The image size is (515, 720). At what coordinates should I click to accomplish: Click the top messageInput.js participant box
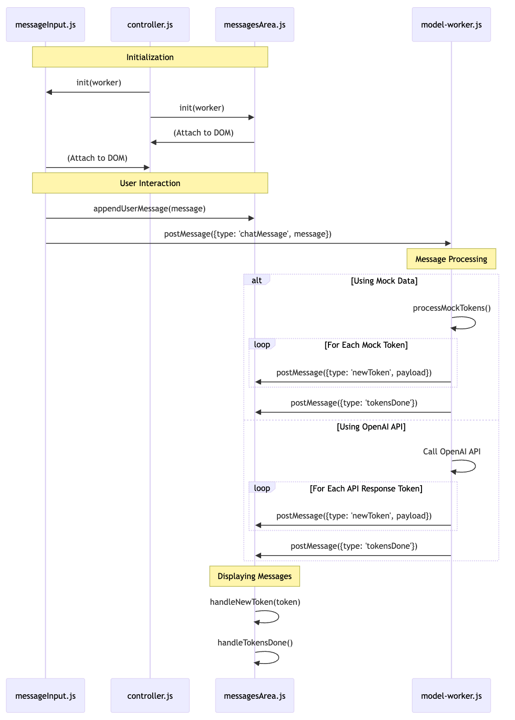tap(45, 24)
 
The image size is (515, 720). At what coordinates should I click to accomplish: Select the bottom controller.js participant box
tap(150, 696)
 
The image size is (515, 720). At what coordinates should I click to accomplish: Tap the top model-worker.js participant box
tap(451, 24)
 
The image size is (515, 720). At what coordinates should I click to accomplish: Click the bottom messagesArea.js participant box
tap(254, 696)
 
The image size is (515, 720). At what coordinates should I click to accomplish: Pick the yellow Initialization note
tap(150, 57)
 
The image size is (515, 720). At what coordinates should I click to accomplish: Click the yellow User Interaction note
tap(150, 183)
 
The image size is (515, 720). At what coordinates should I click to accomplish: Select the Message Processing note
tap(451, 259)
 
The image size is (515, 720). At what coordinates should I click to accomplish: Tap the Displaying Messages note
tap(254, 576)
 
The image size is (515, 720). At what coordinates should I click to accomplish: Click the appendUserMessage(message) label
tap(149, 208)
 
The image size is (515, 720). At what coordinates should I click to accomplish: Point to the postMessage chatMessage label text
tap(248, 234)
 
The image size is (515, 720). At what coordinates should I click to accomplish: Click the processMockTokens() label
tap(451, 308)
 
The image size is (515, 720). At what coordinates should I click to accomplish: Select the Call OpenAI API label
tap(451, 451)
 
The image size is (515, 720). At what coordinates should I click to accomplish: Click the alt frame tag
tap(257, 280)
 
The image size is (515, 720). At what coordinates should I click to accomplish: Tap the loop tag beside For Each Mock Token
tap(262, 344)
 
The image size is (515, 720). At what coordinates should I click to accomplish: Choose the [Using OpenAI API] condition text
tap(371, 426)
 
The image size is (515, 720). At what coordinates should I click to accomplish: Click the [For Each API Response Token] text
tap(366, 488)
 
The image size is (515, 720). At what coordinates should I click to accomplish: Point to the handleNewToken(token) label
tap(255, 602)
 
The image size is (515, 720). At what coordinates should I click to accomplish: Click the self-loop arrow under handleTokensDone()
tap(271, 658)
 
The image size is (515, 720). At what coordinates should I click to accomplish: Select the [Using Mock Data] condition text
tap(384, 281)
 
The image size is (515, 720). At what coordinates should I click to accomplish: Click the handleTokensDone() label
tap(255, 642)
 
